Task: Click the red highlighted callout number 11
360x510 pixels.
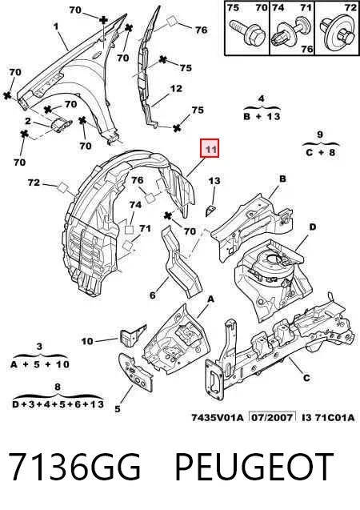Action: (210, 149)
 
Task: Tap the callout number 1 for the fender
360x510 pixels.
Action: (56, 26)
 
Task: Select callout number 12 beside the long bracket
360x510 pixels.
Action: (176, 88)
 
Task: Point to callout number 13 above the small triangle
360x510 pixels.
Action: (214, 180)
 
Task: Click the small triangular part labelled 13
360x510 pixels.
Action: (209, 211)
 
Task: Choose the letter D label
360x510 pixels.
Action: (312, 227)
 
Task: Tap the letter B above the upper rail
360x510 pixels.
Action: (282, 179)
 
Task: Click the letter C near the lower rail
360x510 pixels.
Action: (306, 378)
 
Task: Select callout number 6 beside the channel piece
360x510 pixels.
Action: (153, 295)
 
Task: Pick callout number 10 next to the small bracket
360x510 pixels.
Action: (86, 341)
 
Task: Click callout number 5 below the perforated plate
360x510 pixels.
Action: (118, 409)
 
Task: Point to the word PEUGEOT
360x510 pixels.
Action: (254, 467)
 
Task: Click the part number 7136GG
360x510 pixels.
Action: (74, 467)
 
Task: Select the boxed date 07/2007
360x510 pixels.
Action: (272, 417)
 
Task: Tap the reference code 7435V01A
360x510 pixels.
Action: (218, 417)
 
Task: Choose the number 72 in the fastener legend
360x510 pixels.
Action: (350, 7)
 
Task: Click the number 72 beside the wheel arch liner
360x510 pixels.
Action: (34, 183)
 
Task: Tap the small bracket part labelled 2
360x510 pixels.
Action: (61, 125)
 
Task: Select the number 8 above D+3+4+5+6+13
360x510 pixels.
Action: (58, 387)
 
